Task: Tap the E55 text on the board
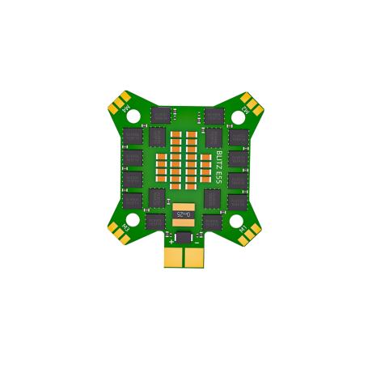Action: pos(219,179)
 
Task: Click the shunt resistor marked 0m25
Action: pos(184,214)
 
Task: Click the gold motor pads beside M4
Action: pos(121,102)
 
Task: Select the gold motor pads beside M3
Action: pos(121,234)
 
